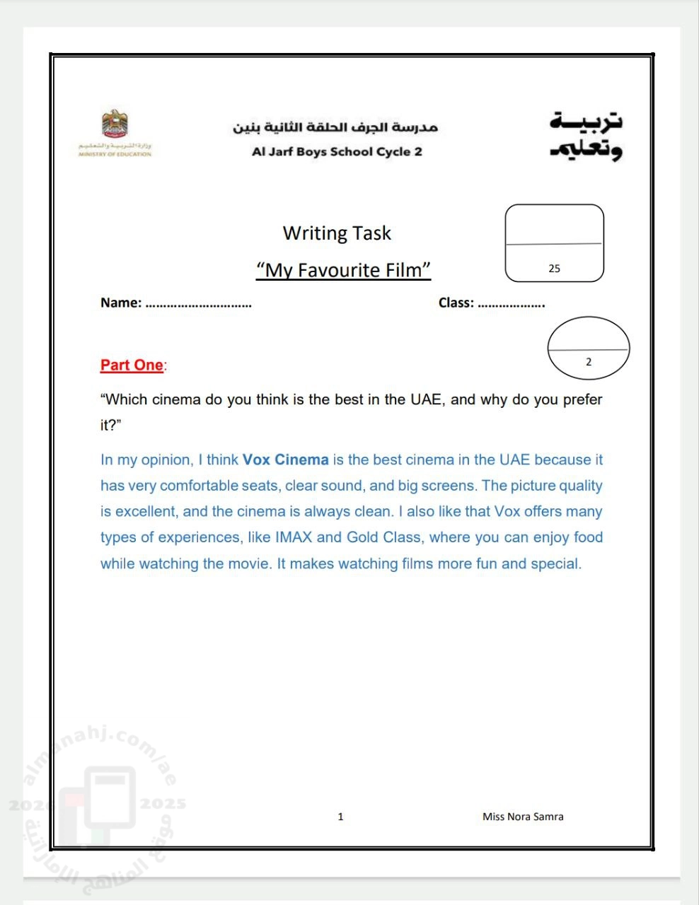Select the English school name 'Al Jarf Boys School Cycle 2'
click(x=337, y=151)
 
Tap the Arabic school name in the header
click(x=335, y=127)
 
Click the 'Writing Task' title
click(x=337, y=233)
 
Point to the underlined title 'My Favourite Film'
click(x=343, y=270)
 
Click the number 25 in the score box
click(x=554, y=269)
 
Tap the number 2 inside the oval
click(x=588, y=362)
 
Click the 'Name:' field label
click(x=121, y=303)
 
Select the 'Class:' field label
click(x=456, y=303)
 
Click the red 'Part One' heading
click(x=132, y=365)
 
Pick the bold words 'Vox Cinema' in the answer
click(x=286, y=460)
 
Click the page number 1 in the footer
click(x=340, y=817)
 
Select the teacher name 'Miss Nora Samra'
click(x=523, y=817)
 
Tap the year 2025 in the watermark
click(x=163, y=804)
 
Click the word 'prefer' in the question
click(x=582, y=399)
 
